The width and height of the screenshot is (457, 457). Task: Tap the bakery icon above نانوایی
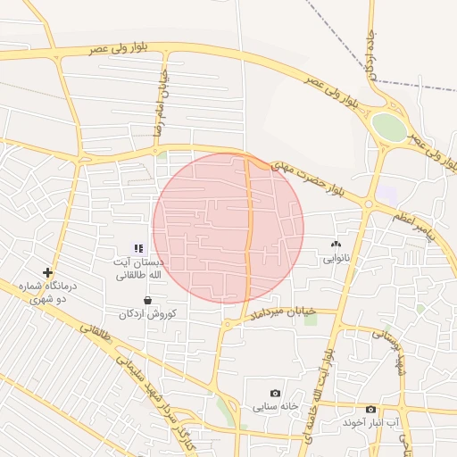pos(336,244)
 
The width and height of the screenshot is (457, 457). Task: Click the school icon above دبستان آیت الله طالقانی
pos(138,248)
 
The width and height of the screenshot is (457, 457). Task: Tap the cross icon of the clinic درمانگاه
pos(47,272)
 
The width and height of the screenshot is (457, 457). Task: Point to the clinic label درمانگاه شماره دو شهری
pos(50,293)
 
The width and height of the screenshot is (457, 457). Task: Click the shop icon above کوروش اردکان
pos(147,301)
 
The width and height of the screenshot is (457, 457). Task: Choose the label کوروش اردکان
pos(147,314)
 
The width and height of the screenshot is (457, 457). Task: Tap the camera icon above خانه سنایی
pos(275,394)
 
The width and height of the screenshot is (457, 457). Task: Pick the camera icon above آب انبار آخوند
pos(370,410)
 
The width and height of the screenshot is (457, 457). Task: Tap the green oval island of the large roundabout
pos(388,127)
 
